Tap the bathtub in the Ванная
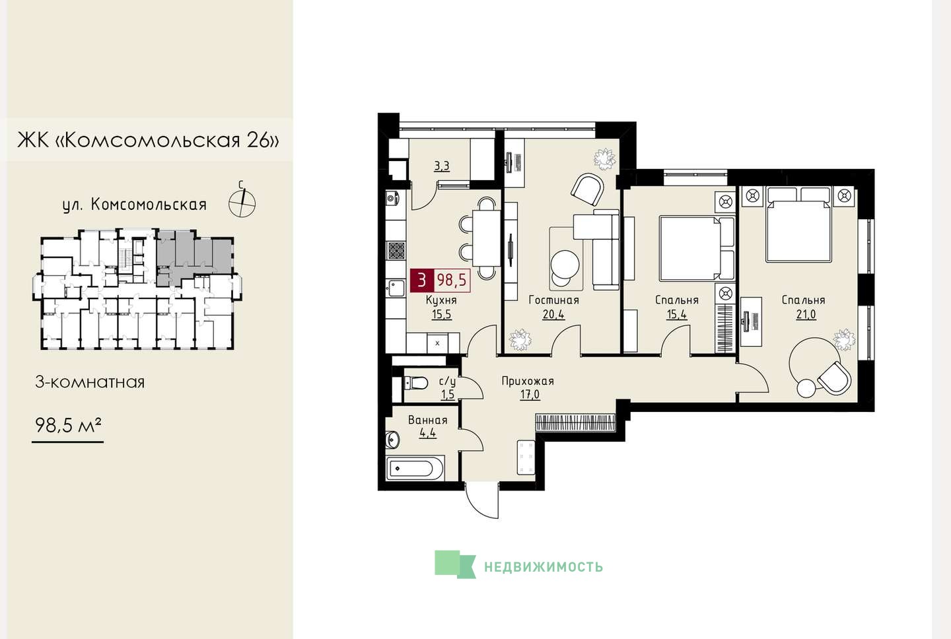pos(415,469)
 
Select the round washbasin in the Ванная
pos(392,439)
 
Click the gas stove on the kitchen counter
pos(396,250)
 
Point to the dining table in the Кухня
pos(486,238)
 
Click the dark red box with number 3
pos(421,281)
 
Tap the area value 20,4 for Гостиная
pos(553,314)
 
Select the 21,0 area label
pos(806,314)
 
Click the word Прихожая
pos(528,381)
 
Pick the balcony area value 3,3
pos(442,166)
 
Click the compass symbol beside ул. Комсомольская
pos(242,202)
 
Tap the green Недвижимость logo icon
pos(454,564)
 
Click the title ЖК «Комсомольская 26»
pos(148,140)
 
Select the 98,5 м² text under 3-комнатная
pos(69,424)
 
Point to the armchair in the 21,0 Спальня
pos(834,377)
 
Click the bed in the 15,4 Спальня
pos(696,248)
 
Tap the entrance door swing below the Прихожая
pos(482,500)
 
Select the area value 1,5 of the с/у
pos(448,395)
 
